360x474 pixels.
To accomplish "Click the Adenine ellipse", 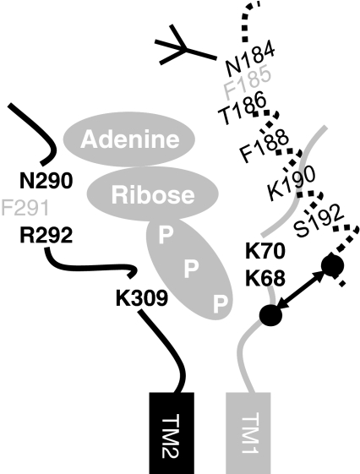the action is click(129, 139).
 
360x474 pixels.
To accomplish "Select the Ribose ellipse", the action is click(153, 193).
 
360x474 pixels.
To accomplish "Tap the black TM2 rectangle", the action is click(172, 433).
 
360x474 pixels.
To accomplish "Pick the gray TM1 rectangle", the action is click(248, 433).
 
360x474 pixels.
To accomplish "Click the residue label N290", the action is click(46, 181).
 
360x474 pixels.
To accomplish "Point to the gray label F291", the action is click(25, 208).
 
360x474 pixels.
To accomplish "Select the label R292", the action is click(46, 235).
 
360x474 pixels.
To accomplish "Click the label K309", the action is click(141, 298).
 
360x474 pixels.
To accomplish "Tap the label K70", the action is click(265, 251).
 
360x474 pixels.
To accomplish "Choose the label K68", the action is click(265, 278).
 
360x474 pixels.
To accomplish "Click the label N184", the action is click(250, 60).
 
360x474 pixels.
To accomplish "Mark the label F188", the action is click(264, 145).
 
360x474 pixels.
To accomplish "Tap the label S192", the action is click(319, 221).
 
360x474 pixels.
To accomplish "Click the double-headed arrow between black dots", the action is click(301, 291).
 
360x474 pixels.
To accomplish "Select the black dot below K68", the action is click(270, 315).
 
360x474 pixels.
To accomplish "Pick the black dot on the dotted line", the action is click(332, 265).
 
